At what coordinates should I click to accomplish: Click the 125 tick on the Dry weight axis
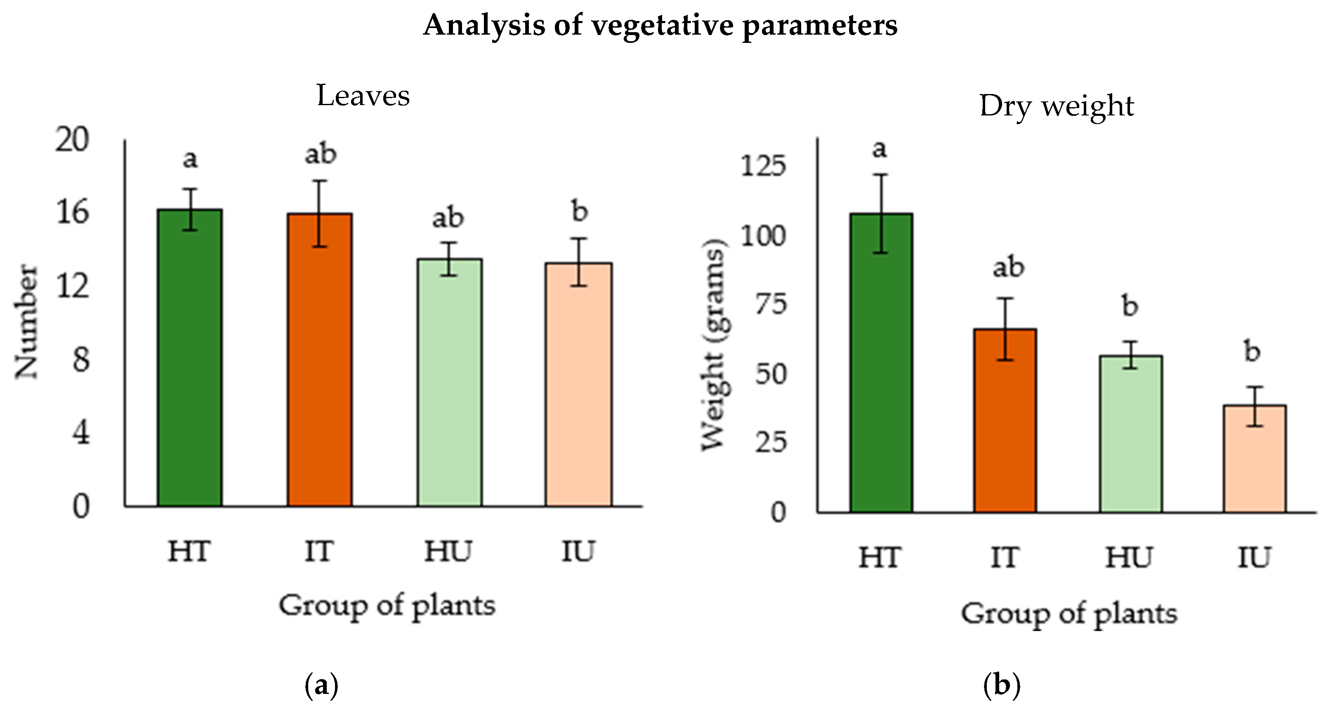pos(763,166)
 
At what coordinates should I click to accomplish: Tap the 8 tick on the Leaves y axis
pos(80,359)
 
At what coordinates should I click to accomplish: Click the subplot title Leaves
pos(363,96)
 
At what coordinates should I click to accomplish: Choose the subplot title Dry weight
pos(1056,106)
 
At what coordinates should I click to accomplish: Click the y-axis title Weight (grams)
pos(715,345)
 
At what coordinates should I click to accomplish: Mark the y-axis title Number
pos(26,322)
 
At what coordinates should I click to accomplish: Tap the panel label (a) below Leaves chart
pos(321,685)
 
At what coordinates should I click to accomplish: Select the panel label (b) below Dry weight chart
pos(1001,685)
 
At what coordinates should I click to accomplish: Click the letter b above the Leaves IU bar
pos(580,211)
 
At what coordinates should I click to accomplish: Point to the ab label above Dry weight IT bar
pos(1008,267)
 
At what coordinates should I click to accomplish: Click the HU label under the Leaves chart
pos(448,552)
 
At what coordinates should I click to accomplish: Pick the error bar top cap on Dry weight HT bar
pos(881,175)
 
